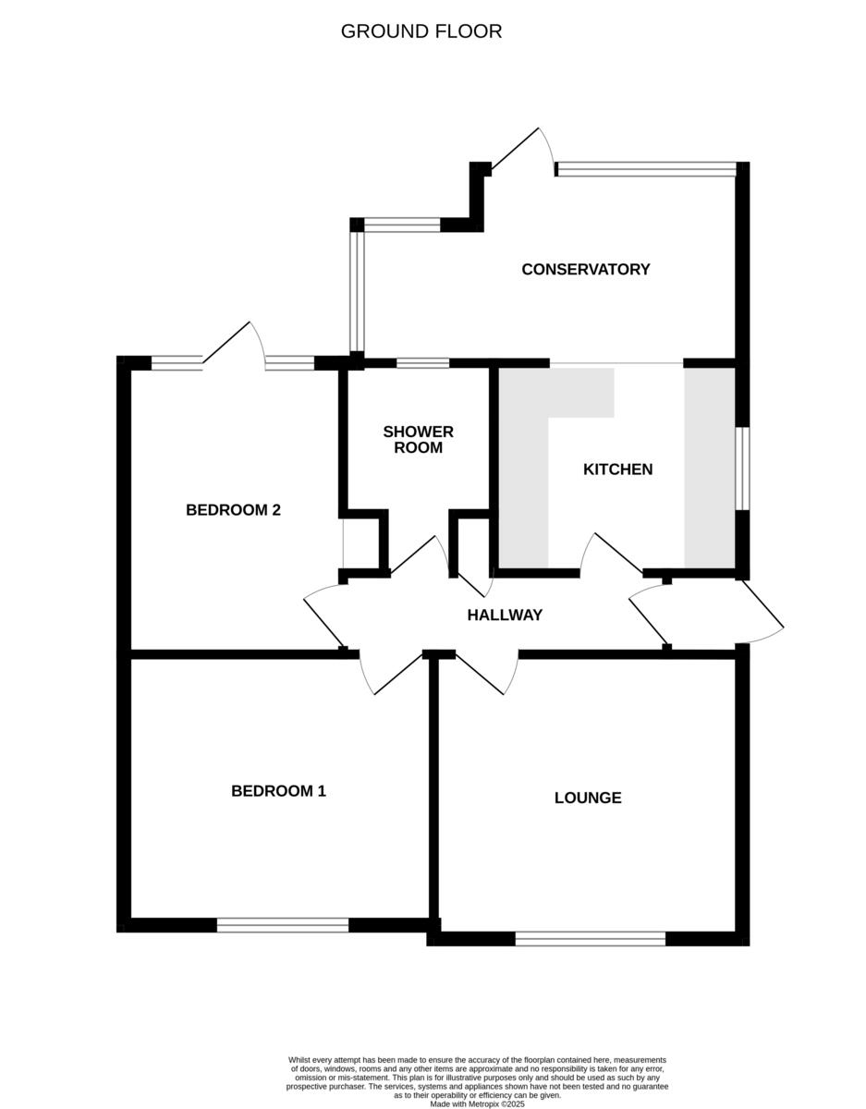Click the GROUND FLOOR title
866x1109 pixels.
(421, 31)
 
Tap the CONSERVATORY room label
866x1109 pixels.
(585, 270)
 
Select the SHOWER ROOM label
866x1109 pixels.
(418, 440)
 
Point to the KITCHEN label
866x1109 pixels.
(617, 469)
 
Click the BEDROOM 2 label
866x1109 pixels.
(233, 510)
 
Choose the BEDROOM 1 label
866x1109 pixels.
(278, 791)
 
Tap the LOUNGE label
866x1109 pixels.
(588, 798)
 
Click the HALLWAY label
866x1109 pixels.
(504, 615)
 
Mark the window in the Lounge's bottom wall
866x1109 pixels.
(590, 939)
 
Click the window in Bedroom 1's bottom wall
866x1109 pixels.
(283, 925)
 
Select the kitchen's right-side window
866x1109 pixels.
(742, 468)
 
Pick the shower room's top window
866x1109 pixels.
(422, 363)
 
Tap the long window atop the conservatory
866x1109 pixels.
(645, 169)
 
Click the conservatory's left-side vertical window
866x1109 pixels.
(357, 292)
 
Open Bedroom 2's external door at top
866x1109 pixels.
(231, 342)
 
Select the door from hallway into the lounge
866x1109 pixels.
(485, 673)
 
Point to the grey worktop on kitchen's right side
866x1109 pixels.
(709, 468)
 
